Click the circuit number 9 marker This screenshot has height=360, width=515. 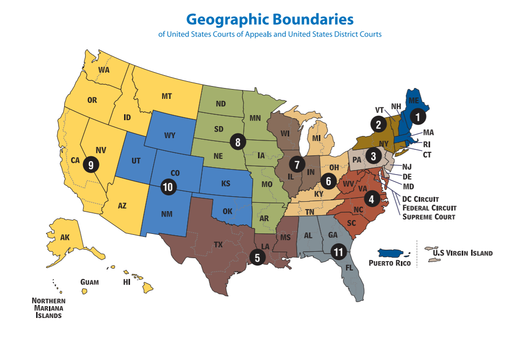90,164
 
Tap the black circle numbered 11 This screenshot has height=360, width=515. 339,252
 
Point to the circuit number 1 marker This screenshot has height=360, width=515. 418,117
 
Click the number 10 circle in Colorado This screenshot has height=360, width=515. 168,186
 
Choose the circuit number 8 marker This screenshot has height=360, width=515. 238,142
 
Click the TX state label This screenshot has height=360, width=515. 218,244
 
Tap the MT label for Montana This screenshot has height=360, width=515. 167,96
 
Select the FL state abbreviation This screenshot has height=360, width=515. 349,268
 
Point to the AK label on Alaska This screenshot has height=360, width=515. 65,237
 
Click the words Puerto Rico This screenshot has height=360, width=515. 389,263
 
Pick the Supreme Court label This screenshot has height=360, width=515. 429,217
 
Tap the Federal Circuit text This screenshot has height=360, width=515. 429,208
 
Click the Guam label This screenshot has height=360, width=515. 89,282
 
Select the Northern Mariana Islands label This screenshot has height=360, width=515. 48,308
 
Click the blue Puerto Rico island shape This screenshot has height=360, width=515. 394,253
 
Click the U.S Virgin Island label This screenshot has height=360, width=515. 463,253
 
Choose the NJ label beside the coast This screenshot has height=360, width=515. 406,167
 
